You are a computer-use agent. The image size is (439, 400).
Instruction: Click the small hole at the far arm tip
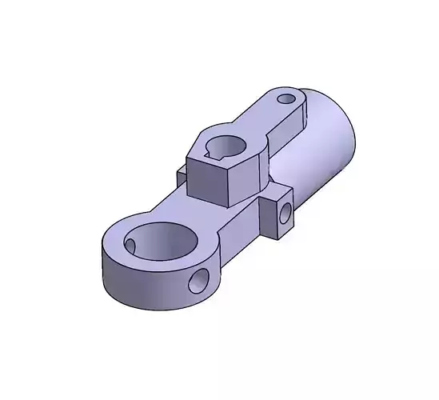(287, 100)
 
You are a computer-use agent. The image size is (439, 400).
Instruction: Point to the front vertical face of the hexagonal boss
(206, 180)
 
